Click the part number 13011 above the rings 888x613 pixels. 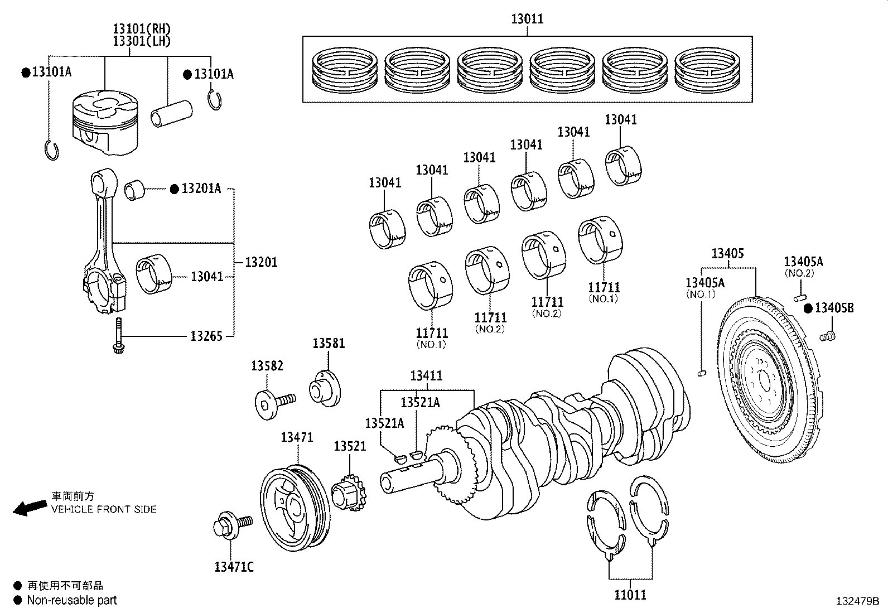pyautogui.click(x=527, y=20)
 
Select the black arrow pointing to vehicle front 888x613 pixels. pyautogui.click(x=30, y=508)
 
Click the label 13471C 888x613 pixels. pyautogui.click(x=234, y=567)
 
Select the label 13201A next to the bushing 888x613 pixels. pyautogui.click(x=201, y=189)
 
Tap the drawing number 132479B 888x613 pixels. pyautogui.click(x=857, y=601)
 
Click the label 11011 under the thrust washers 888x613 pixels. pyautogui.click(x=630, y=595)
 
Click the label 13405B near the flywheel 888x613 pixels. pyautogui.click(x=834, y=308)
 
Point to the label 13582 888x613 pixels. pyautogui.click(x=267, y=366)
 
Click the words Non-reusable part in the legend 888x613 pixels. pyautogui.click(x=72, y=600)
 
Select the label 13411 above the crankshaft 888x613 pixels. pyautogui.click(x=426, y=376)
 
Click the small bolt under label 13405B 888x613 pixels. pyautogui.click(x=827, y=336)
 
